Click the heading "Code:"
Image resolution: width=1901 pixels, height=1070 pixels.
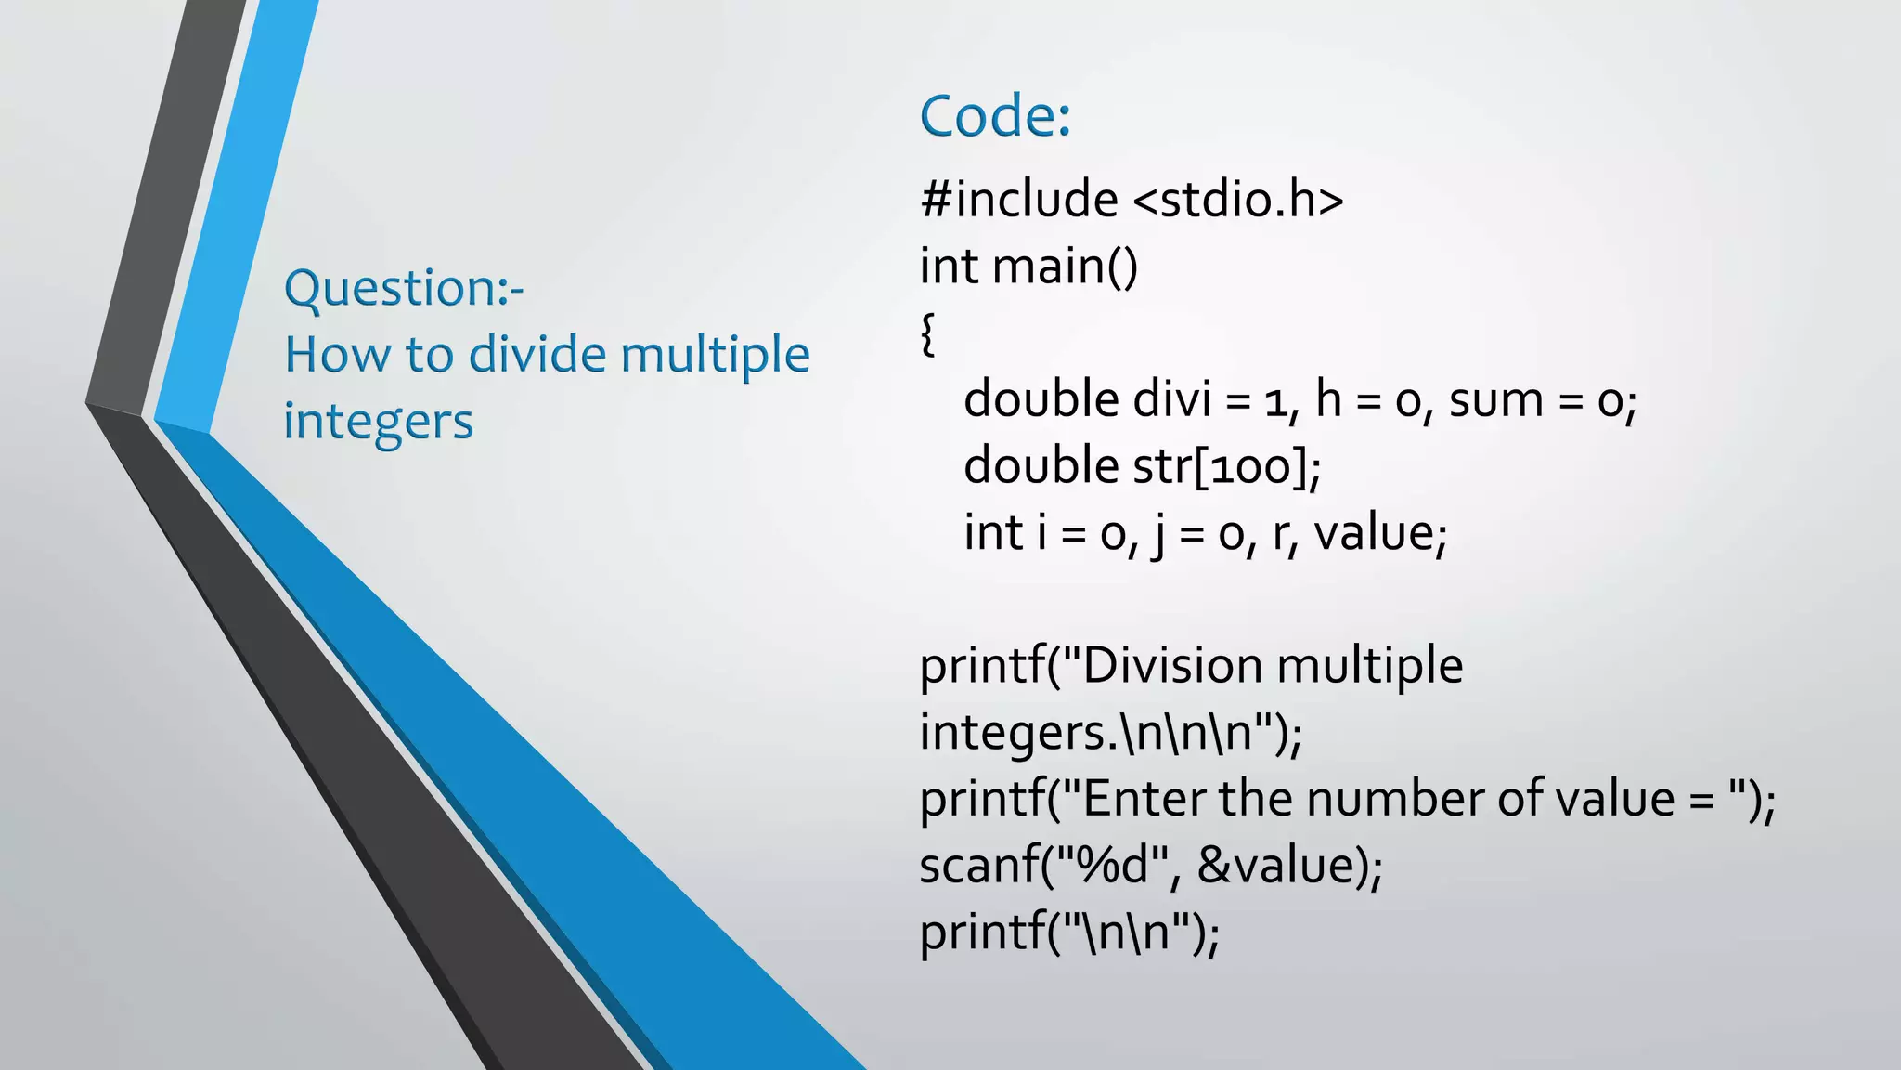[995, 116]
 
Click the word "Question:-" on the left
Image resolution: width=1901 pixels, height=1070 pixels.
[404, 288]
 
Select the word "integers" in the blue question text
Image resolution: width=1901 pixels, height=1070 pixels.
[378, 422]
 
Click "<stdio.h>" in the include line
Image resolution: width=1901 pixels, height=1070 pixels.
[1238, 200]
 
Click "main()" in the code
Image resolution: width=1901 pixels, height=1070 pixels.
[1065, 267]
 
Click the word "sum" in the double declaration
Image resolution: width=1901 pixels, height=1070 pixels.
[1495, 400]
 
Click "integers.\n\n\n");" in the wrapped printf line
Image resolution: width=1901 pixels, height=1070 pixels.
[1111, 733]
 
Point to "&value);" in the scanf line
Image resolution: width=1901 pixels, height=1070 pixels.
[1289, 866]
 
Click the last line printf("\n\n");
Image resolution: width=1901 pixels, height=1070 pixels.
[1069, 933]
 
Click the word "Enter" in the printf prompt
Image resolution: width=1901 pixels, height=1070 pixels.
[1144, 799]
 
